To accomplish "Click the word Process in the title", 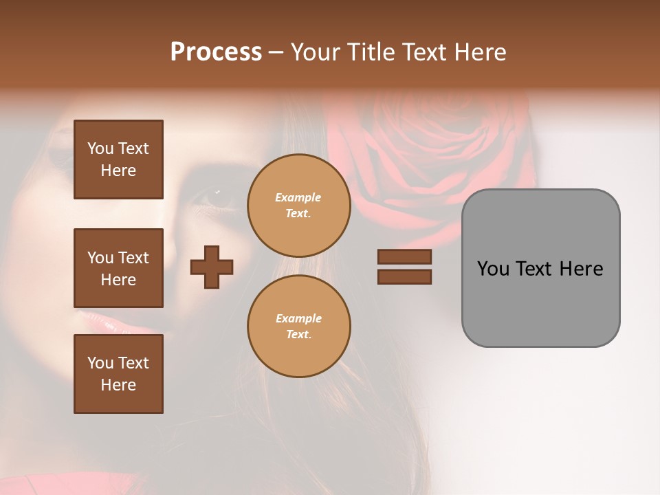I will tap(216, 52).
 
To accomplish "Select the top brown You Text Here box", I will tap(118, 159).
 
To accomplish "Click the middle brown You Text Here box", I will tap(118, 268).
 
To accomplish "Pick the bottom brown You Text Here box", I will tap(118, 374).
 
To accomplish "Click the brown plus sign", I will tap(212, 267).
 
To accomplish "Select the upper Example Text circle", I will tap(298, 206).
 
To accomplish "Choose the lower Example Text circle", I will tap(298, 327).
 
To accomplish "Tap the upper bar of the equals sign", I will tap(404, 257).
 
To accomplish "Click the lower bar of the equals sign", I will tap(404, 276).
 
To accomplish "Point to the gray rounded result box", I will tap(540, 302).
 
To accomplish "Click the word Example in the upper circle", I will tap(298, 197).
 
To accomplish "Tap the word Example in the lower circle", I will tap(298, 318).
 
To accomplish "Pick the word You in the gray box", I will tap(493, 269).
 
